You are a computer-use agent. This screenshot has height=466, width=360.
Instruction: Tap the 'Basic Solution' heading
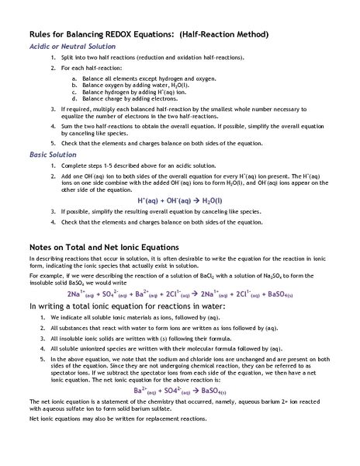click(53, 155)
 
